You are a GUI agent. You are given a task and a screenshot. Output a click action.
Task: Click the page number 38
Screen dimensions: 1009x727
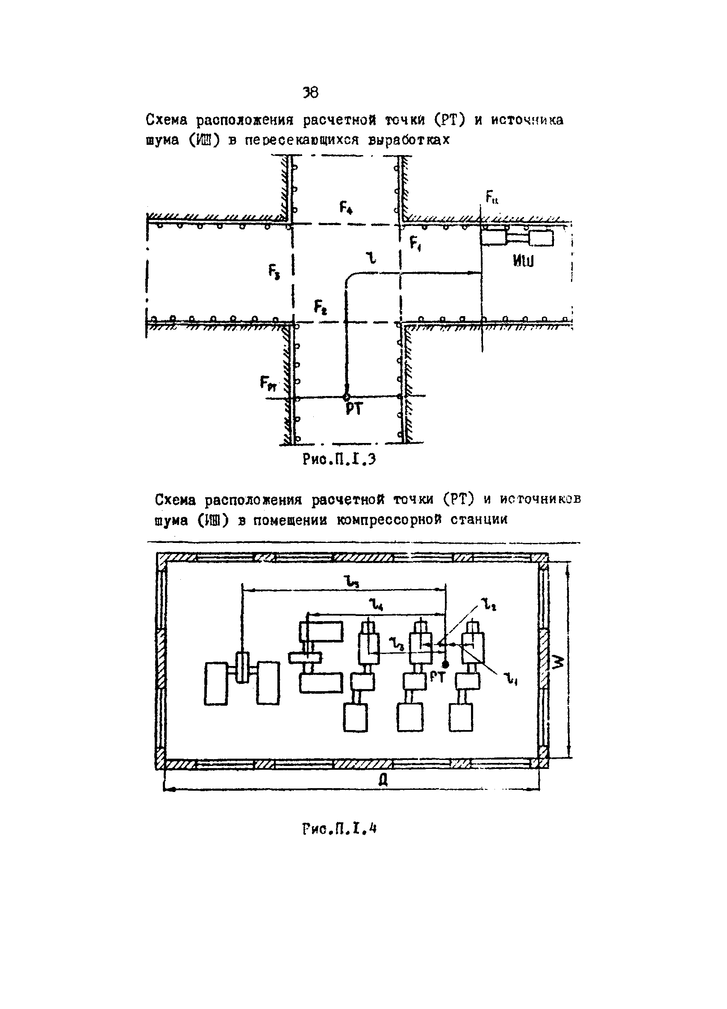point(310,93)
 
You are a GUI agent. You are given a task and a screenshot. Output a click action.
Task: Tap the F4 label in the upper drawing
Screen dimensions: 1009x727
point(346,207)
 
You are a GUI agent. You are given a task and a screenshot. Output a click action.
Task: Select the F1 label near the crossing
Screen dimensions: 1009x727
point(416,244)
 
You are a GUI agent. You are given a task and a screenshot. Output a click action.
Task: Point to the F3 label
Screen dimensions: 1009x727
point(274,271)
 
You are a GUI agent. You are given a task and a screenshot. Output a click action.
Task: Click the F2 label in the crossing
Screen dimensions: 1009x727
point(320,307)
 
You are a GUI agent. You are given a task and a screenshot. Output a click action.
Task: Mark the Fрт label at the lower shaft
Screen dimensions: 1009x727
point(268,383)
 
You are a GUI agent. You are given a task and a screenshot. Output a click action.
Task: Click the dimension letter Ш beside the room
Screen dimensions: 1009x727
point(559,663)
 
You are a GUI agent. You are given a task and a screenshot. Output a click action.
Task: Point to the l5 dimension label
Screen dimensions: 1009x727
point(351,581)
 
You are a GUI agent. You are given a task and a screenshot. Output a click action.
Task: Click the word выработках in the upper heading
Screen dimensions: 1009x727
point(409,141)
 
